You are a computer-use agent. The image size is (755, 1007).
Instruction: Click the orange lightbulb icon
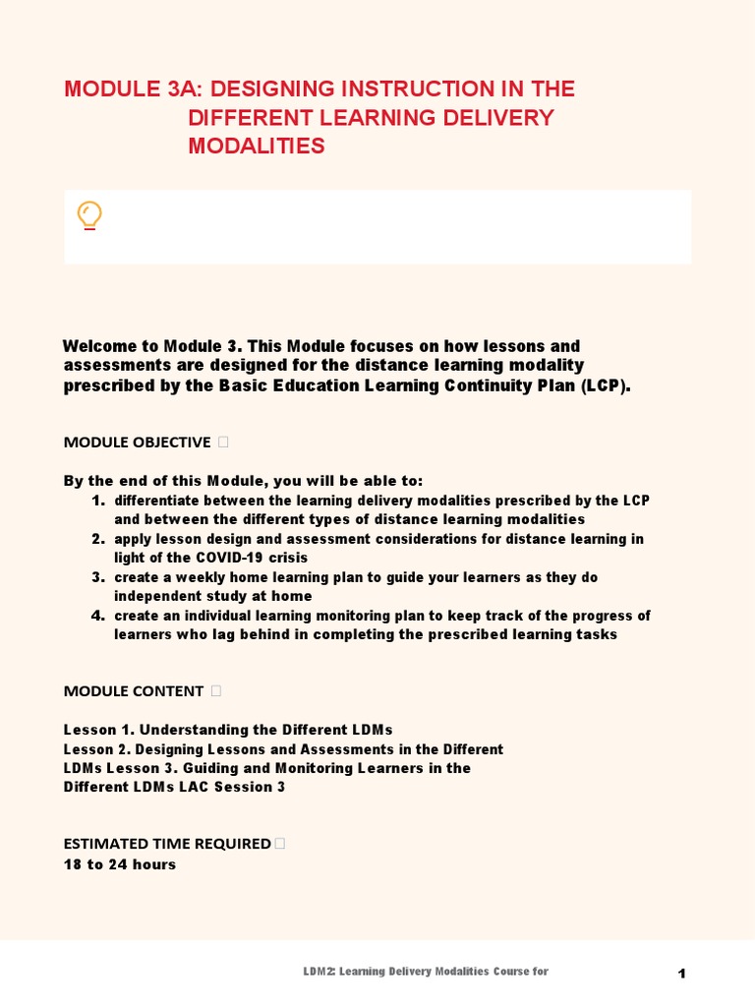89,215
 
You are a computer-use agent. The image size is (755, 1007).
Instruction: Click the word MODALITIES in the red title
256,147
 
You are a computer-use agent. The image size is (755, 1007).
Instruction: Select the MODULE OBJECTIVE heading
137,442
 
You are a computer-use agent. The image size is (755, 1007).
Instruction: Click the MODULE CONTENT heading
133,690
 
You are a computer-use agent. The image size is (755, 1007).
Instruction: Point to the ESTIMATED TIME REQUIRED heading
166,843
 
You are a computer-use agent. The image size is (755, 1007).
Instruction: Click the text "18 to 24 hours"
120,864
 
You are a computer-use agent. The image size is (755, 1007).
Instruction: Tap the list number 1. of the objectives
98,501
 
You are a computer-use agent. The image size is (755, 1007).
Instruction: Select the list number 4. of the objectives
98,616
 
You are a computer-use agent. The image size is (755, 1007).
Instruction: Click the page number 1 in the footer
681,974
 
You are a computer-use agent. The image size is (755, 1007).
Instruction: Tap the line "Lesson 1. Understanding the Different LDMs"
228,729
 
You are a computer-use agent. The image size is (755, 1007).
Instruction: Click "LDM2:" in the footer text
321,972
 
